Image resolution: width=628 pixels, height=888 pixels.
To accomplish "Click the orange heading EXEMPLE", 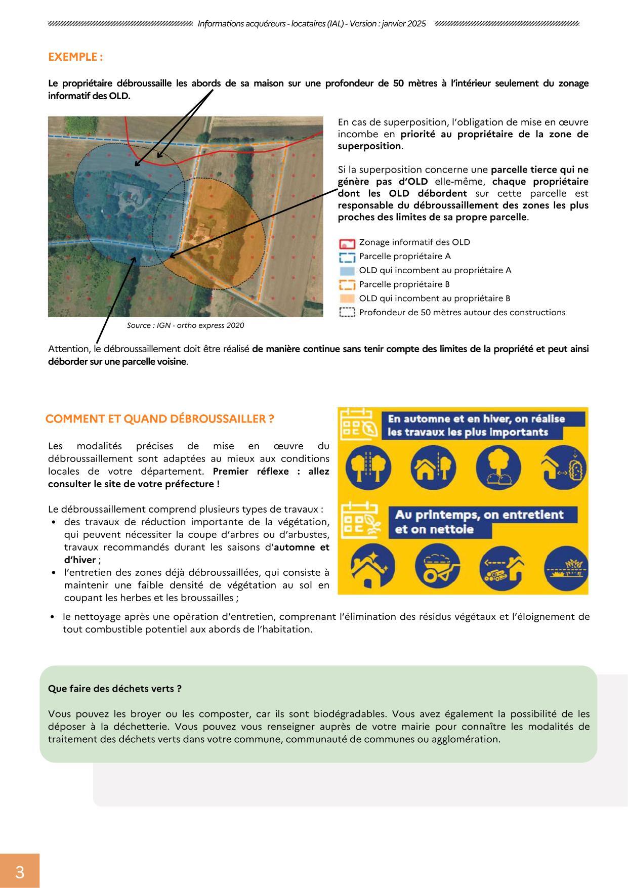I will click(75, 57).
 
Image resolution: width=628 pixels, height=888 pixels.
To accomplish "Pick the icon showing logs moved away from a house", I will click(502, 568).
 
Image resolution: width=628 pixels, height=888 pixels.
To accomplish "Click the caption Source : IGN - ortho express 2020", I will click(185, 325).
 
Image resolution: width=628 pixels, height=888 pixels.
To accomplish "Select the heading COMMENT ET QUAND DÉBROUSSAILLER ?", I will click(159, 419).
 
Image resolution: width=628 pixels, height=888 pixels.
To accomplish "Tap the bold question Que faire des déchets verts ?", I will click(114, 689).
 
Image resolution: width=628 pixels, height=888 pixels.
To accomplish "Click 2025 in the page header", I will click(415, 24).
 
